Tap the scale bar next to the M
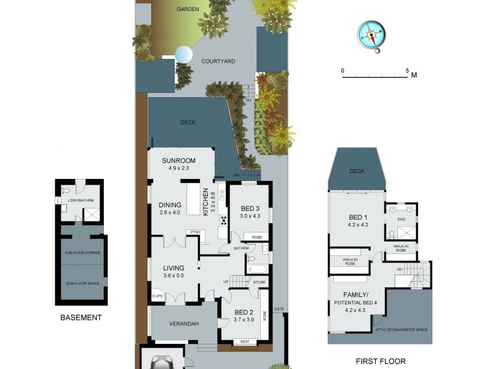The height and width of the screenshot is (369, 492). (x=375, y=76)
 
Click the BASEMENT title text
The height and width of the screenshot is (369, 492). (x=81, y=318)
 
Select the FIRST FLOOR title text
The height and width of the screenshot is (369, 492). (x=381, y=362)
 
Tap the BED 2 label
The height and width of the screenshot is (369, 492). (x=244, y=311)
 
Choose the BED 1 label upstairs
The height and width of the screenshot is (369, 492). (x=359, y=217)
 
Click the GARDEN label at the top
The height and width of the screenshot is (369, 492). (x=187, y=9)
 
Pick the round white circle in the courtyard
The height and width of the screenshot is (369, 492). (x=183, y=55)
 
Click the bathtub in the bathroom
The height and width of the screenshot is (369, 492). (x=256, y=269)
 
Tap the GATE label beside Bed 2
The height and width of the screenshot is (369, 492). (x=279, y=309)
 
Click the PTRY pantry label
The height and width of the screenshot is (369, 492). (x=196, y=232)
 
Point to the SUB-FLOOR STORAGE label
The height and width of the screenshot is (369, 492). (x=82, y=253)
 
